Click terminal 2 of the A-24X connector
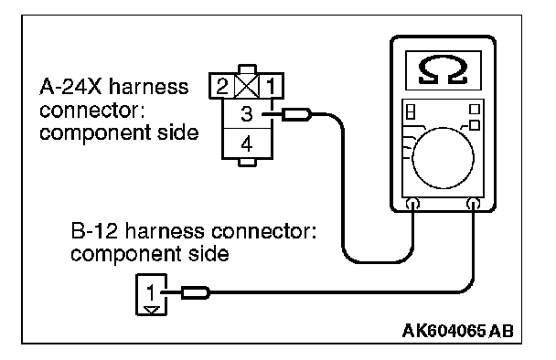[x=222, y=86]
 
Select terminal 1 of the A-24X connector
[x=272, y=86]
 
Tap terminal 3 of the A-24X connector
[x=247, y=113]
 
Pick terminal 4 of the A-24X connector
[x=247, y=143]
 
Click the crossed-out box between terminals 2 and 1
[x=247, y=86]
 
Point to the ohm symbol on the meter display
[x=443, y=70]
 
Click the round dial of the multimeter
[x=443, y=158]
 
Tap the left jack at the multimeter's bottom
[x=413, y=204]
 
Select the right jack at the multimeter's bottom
[x=474, y=204]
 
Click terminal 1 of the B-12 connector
[x=152, y=292]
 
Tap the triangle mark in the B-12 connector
[x=152, y=310]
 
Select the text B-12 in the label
[x=94, y=231]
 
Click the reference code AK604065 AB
[x=458, y=331]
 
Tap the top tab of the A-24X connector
[x=247, y=69]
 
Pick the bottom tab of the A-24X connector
[x=247, y=163]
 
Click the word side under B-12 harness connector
[x=208, y=254]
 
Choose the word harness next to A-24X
[x=148, y=87]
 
